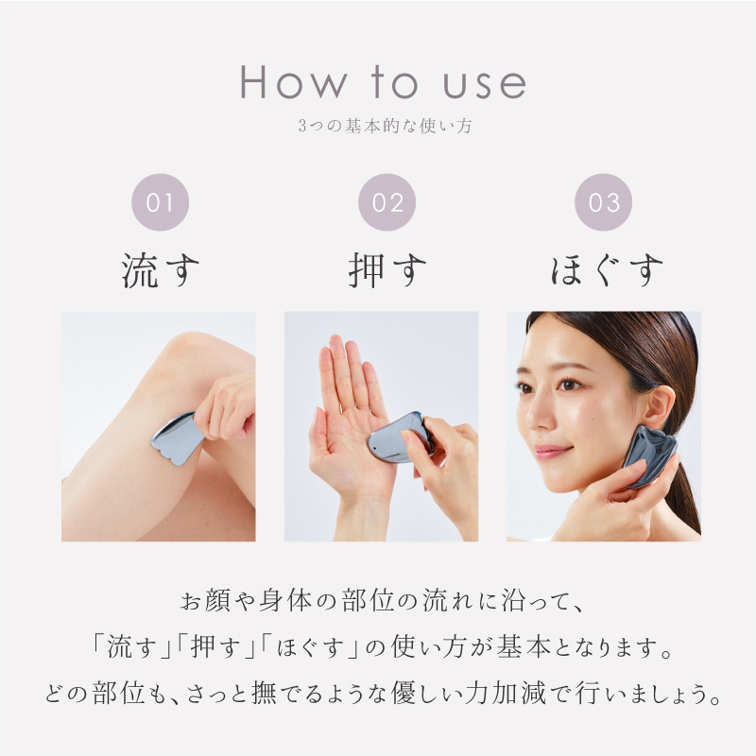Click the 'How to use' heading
[x=383, y=83]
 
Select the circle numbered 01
[x=161, y=203]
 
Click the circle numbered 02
[x=387, y=203]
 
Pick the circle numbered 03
[x=603, y=203]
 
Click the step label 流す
[x=161, y=270]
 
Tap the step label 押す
[x=387, y=270]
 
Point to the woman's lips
[x=556, y=452]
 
